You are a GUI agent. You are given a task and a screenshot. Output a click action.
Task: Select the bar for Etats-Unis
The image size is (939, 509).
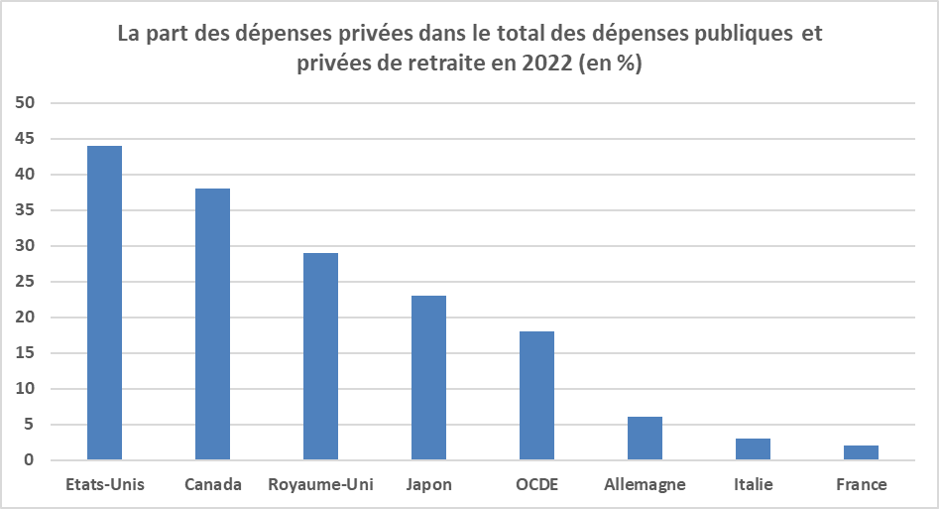(x=105, y=303)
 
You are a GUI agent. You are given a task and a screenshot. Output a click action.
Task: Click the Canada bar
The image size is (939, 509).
(x=212, y=324)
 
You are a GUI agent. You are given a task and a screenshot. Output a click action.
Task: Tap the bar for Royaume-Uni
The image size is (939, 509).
(x=320, y=356)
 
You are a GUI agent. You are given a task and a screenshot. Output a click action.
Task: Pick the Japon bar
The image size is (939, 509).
(x=428, y=378)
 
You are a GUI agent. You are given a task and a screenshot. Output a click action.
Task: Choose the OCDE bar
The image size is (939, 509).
(x=536, y=396)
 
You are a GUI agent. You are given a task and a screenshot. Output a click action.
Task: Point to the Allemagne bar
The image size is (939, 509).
(x=645, y=439)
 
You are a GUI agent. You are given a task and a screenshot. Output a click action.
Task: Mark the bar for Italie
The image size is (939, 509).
(x=753, y=449)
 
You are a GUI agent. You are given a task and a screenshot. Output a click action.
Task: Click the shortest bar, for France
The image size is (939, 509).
(x=861, y=452)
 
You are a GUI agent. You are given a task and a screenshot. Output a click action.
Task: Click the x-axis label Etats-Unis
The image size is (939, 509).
(x=105, y=484)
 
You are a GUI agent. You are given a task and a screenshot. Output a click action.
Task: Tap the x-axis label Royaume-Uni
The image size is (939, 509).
(x=320, y=485)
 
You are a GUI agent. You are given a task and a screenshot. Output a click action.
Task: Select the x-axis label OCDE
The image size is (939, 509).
(x=537, y=484)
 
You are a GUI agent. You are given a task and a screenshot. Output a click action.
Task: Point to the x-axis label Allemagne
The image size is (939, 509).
(x=645, y=485)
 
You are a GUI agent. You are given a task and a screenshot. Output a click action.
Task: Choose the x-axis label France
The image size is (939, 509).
(x=861, y=484)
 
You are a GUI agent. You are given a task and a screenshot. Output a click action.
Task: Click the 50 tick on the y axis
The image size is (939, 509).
(x=25, y=102)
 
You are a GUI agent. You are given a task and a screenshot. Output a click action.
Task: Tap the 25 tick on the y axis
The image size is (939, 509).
(x=25, y=281)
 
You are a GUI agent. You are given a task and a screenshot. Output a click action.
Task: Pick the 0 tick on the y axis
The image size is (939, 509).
(x=30, y=459)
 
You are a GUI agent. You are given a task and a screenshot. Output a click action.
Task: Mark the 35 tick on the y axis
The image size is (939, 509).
(x=25, y=209)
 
